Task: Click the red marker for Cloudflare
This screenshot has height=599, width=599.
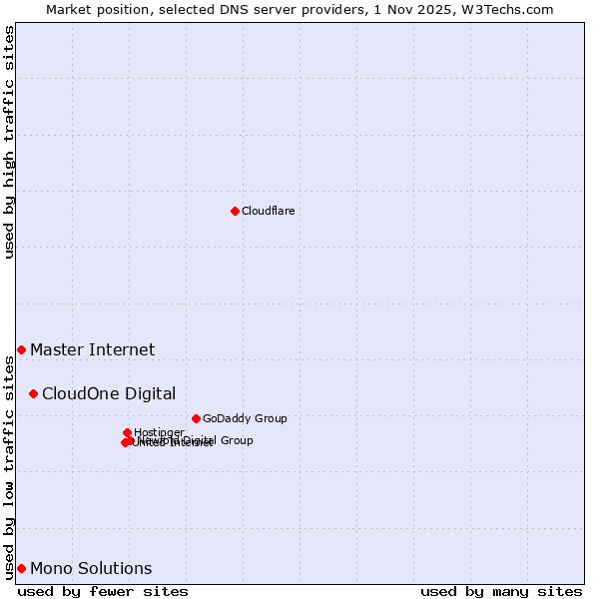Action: click(235, 211)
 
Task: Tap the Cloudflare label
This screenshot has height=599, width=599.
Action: click(268, 211)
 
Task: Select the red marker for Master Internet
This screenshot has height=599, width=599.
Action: click(21, 349)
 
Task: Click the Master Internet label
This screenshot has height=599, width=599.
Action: click(92, 349)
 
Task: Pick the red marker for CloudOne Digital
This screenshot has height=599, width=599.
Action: click(33, 393)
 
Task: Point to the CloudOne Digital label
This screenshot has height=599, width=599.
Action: click(108, 393)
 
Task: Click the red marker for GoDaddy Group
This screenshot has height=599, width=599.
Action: click(196, 418)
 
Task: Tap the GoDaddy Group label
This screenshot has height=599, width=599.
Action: click(245, 418)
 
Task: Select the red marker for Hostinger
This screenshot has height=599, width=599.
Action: click(127, 432)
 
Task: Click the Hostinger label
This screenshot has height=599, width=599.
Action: click(159, 432)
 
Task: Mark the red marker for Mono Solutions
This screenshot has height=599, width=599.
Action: click(21, 568)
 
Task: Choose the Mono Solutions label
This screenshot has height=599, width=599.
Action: click(91, 568)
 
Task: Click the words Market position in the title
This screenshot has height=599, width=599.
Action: click(92, 9)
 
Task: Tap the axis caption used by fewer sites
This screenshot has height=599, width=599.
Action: click(103, 591)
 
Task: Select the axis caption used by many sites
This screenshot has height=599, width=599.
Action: click(501, 591)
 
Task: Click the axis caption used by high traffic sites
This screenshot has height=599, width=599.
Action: click(9, 142)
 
